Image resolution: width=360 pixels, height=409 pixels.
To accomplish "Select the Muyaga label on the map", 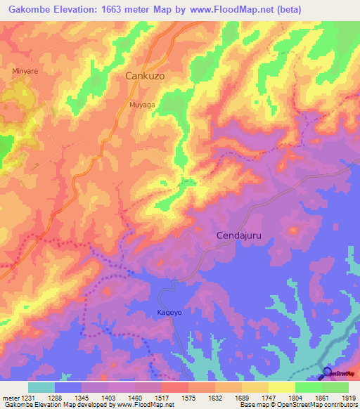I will tap(142, 104).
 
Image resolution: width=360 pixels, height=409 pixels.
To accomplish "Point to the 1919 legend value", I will tap(348, 397).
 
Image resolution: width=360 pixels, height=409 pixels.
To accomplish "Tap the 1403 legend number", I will tap(108, 397).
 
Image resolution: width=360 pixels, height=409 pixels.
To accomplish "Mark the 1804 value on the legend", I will tap(295, 397).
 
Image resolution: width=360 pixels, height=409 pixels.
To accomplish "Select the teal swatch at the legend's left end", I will tap(41, 387).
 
